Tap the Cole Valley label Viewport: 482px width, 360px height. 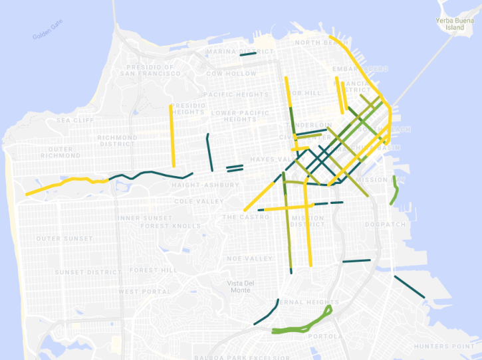coord(199,201)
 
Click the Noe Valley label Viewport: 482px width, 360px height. coord(249,258)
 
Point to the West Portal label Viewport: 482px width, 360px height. coord(144,292)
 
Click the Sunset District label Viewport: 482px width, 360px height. coord(88,272)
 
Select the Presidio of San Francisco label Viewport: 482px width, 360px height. coord(151,70)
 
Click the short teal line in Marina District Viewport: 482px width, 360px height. coord(248,55)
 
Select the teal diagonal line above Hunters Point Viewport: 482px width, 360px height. coord(409,286)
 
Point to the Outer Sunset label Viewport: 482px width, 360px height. coord(64,238)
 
